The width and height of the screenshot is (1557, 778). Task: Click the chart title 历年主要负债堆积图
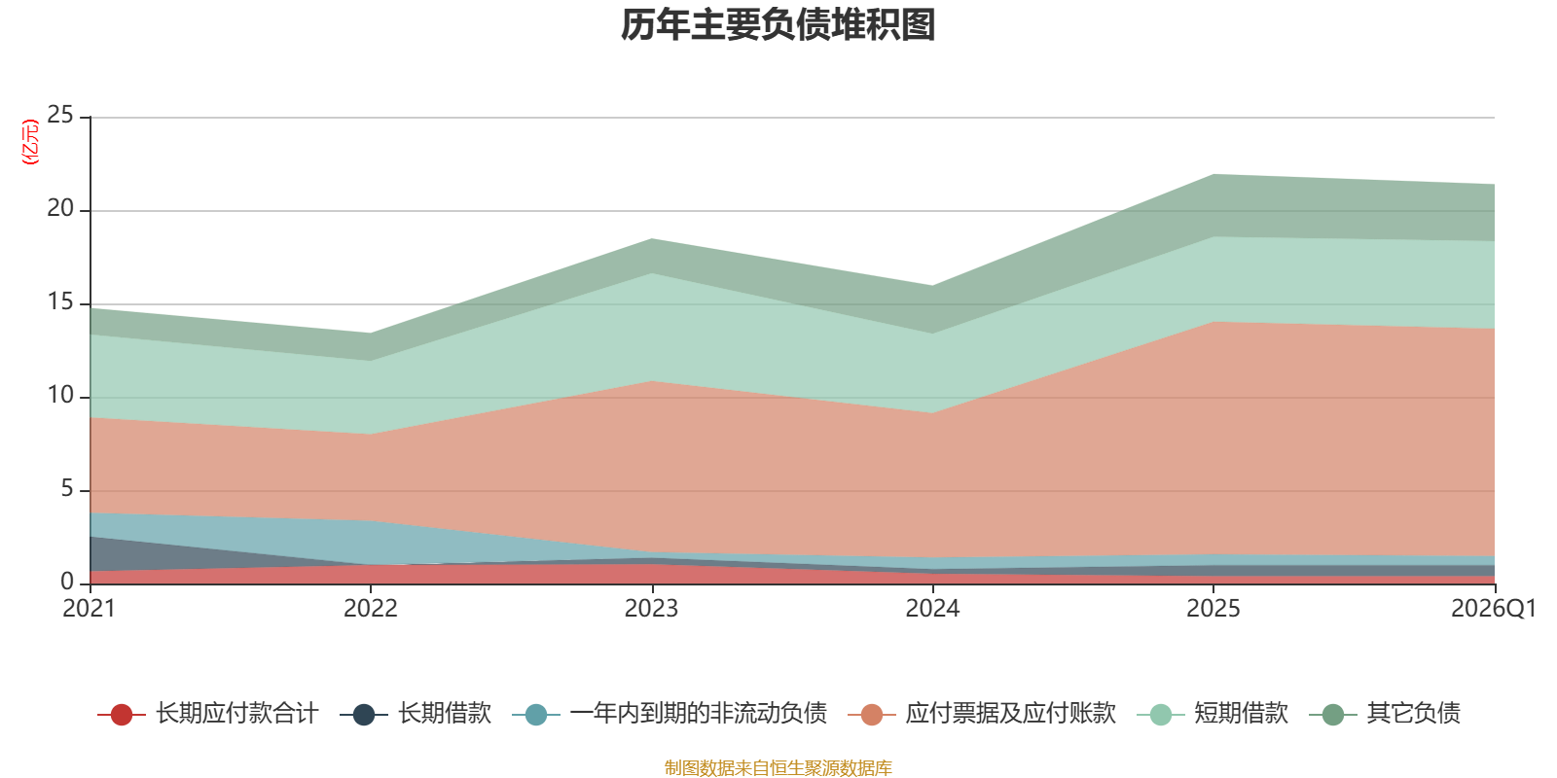(x=778, y=25)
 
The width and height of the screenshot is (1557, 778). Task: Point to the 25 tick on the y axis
(x=60, y=115)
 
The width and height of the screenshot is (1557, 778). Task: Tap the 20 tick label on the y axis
(x=60, y=208)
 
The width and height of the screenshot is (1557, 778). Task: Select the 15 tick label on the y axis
(x=60, y=301)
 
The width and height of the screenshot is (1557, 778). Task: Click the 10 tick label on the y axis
(x=60, y=395)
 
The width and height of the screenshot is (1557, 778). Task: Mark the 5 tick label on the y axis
(x=67, y=488)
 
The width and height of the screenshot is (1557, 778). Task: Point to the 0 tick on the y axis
(x=67, y=581)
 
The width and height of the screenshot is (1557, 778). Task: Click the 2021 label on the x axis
(x=89, y=609)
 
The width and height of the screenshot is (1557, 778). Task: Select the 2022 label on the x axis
(x=371, y=609)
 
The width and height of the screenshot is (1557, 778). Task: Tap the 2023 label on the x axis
(x=651, y=609)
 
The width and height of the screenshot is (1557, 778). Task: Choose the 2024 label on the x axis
(x=932, y=609)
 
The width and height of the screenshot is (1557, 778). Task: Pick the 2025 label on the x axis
(x=1213, y=609)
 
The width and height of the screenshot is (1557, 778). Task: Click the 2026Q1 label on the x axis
(x=1494, y=609)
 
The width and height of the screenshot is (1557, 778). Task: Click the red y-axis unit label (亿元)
(x=30, y=142)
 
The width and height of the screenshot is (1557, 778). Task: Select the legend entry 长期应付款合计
(x=208, y=714)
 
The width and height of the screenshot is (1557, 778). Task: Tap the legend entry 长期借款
(x=416, y=714)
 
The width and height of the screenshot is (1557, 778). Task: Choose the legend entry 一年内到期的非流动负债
(x=670, y=714)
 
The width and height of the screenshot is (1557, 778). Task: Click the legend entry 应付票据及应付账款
(x=982, y=714)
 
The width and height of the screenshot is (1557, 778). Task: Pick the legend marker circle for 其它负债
(x=1332, y=714)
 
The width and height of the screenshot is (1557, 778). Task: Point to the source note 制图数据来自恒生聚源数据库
(x=778, y=767)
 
